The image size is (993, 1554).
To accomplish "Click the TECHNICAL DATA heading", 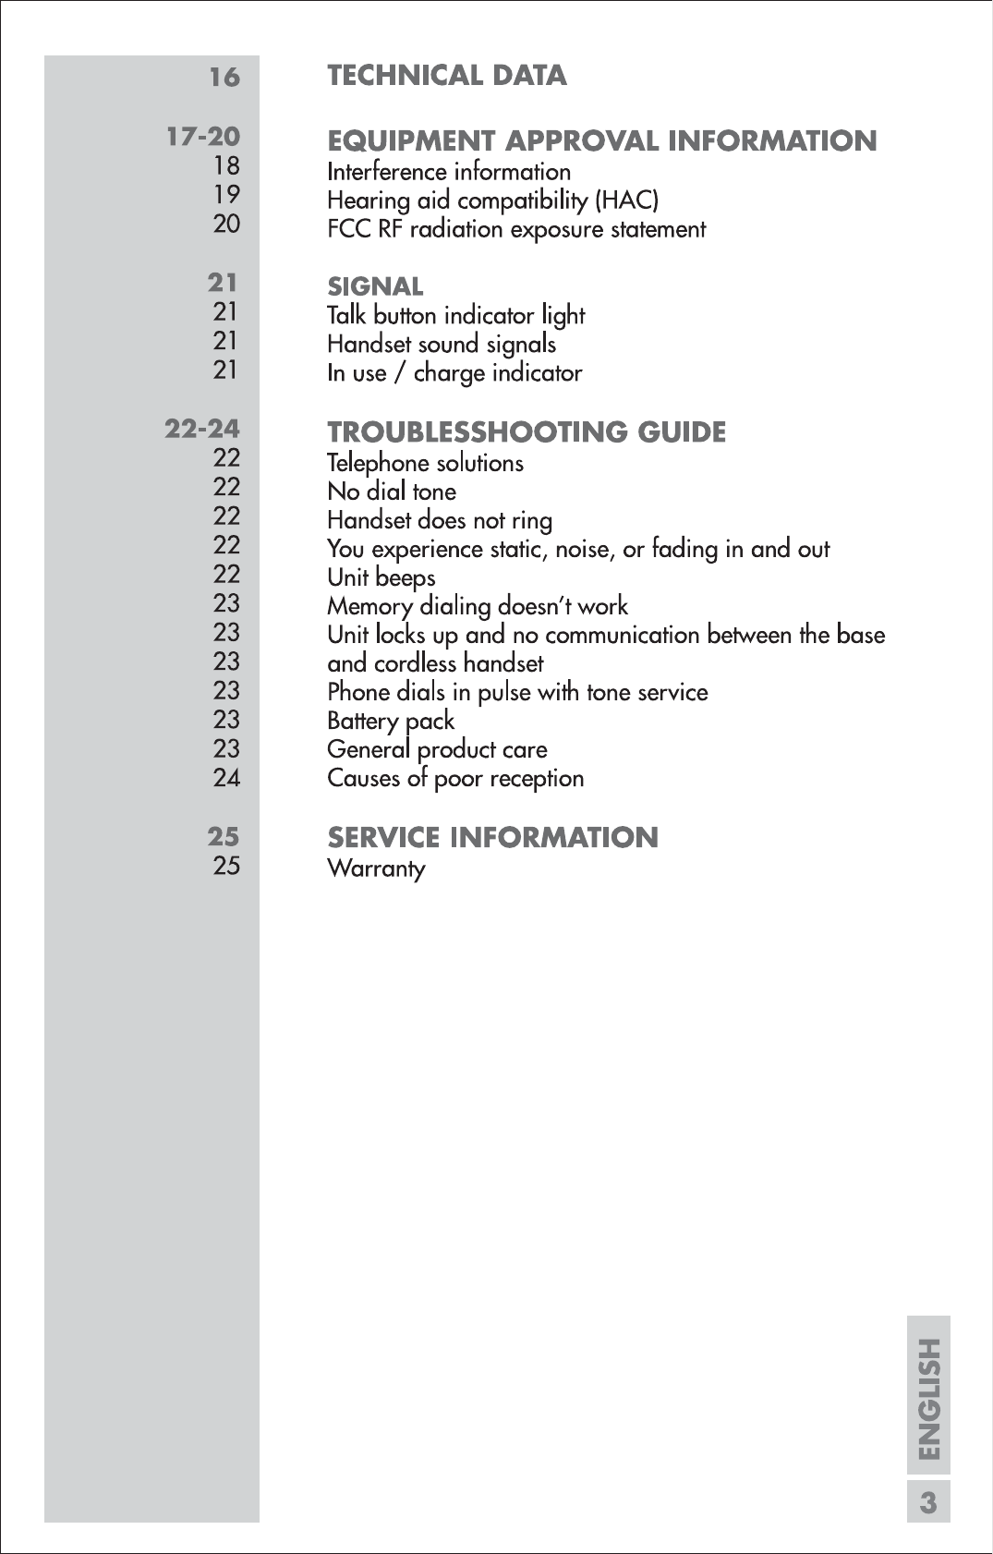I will point(447,76).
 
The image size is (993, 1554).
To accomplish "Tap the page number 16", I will point(224,77).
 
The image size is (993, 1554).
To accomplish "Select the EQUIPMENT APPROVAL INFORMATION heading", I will point(601,141).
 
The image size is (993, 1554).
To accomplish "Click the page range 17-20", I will point(203,137).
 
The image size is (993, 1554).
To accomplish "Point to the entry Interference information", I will point(449,172).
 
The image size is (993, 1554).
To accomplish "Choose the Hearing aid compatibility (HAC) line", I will point(492,200).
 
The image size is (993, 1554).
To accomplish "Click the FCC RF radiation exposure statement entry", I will point(516,229).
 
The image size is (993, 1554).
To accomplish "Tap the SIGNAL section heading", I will point(375,286).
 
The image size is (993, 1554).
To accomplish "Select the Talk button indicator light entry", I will point(455,316).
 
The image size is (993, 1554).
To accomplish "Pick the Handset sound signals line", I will point(442,345).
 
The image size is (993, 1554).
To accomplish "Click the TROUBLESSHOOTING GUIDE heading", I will point(527,432).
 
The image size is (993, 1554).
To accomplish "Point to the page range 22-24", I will point(202,429).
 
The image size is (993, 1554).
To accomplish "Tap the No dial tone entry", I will point(392,492).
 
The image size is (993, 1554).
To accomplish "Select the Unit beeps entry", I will point(381,578).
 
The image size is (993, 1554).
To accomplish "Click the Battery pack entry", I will point(391,722).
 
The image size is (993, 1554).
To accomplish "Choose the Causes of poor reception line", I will point(455,779).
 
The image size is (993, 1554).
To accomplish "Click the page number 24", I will point(226,778).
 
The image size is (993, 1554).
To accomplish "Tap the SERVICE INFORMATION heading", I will point(492,838).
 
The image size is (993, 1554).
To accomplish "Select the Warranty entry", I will point(376,868).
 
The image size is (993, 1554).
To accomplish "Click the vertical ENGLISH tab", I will point(928,1399).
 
